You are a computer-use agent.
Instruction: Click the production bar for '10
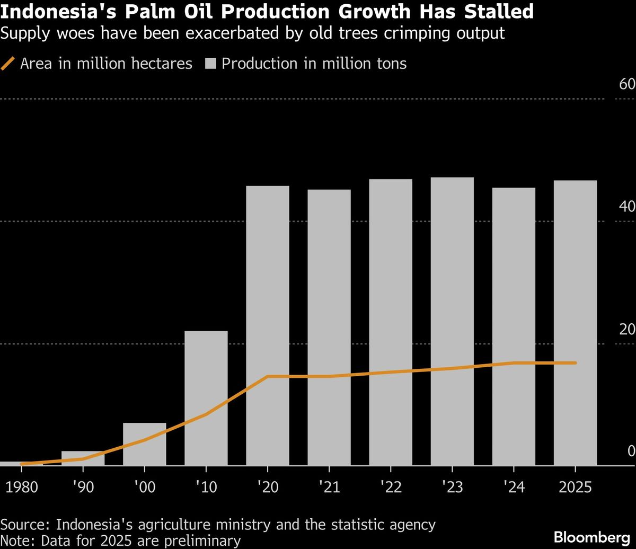pos(206,397)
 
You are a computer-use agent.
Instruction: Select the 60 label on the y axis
pos(627,85)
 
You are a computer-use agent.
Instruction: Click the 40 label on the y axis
pos(627,207)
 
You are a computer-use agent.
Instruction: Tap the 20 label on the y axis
pos(627,329)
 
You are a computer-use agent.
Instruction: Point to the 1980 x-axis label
pos(22,487)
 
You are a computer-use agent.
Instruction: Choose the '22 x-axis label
pos(391,487)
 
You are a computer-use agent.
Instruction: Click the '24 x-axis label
pos(514,487)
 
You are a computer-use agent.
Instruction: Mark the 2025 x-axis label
pos(575,487)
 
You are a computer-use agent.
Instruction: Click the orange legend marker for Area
pos(7,64)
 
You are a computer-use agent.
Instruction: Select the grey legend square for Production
pos(210,64)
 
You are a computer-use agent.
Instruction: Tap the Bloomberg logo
pos(592,536)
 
